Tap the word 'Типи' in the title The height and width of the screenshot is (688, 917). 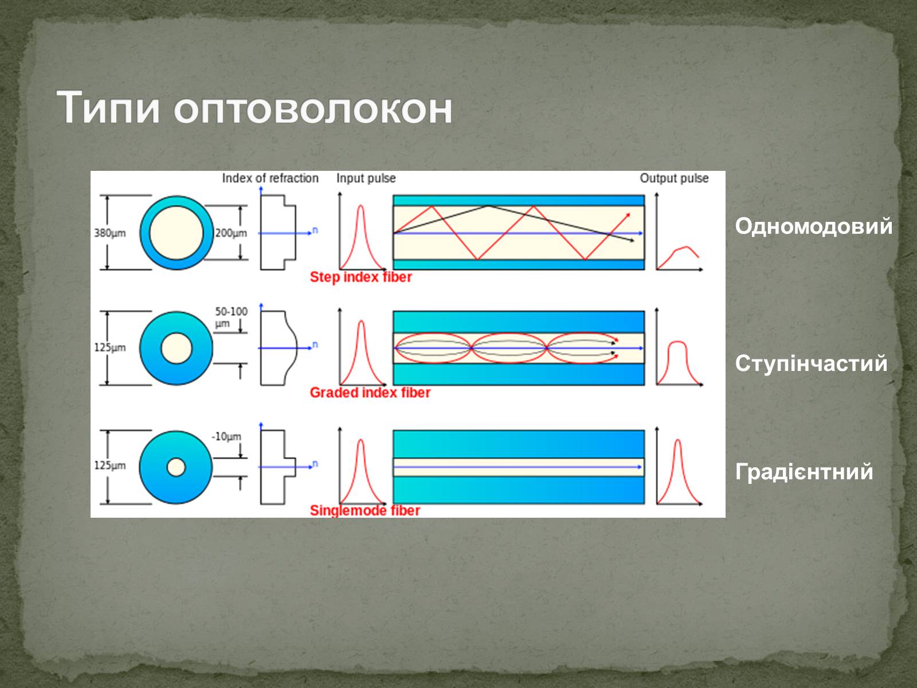pos(108,107)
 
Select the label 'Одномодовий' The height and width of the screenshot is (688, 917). pos(814,226)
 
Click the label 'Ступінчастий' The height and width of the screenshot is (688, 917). pos(812,363)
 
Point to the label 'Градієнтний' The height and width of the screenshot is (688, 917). pos(804,472)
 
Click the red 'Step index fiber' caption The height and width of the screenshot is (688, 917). pos(360,277)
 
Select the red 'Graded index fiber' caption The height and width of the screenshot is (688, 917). pos(370,393)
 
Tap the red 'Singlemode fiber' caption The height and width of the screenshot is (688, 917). pos(365,510)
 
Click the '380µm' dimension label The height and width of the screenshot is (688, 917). pos(110,233)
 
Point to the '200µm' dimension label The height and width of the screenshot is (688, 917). pos(231,233)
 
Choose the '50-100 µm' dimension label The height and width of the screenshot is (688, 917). pos(231,317)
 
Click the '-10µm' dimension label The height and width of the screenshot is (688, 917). pos(226,436)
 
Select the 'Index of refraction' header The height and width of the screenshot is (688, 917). pos(271,178)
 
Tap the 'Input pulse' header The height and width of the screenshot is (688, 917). pos(366,178)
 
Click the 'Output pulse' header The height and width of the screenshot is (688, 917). pos(674,178)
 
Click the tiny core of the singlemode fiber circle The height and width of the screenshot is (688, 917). pos(176,467)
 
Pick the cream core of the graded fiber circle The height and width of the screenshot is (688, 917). pos(177,348)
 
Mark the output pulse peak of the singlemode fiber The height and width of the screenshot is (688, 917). pos(677,440)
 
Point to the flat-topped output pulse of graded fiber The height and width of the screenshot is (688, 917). pos(677,342)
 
